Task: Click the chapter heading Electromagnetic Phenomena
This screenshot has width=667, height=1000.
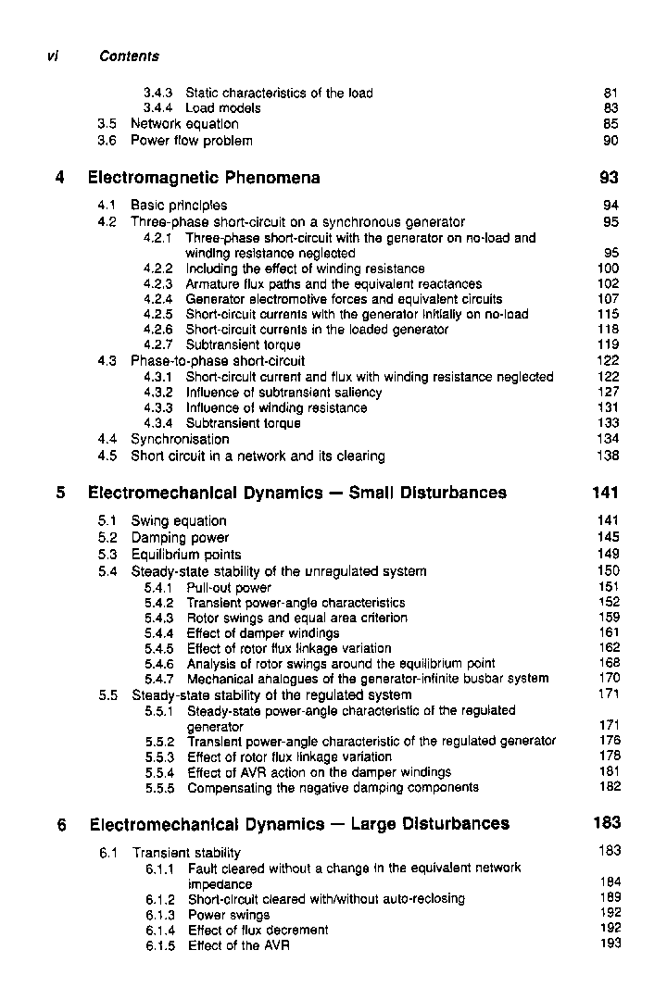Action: pos(204,178)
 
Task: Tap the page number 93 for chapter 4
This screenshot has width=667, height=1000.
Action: pos(609,178)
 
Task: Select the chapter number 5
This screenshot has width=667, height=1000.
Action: pos(60,494)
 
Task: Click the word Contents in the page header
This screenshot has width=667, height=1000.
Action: pos(129,56)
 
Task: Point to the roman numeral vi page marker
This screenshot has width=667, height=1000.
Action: pos(53,56)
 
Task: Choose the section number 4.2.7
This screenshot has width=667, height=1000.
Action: pos(159,344)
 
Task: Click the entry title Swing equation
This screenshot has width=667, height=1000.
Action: pos(179,521)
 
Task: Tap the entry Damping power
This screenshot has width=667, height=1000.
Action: pos(180,538)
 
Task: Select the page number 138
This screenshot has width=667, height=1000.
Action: pos(608,456)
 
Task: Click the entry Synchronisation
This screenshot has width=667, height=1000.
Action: pos(180,439)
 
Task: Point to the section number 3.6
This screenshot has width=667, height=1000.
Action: pos(109,141)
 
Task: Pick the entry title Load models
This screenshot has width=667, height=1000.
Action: pos(223,108)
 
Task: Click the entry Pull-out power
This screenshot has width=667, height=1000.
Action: pos(229,588)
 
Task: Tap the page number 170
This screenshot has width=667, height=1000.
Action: pos(609,678)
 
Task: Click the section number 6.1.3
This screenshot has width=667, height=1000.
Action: pos(161,915)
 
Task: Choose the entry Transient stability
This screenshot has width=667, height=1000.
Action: pos(186,853)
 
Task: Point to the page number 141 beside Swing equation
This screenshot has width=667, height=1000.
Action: pos(608,521)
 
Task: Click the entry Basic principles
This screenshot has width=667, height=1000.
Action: pos(179,206)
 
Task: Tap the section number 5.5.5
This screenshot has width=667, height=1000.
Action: pos(161,788)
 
